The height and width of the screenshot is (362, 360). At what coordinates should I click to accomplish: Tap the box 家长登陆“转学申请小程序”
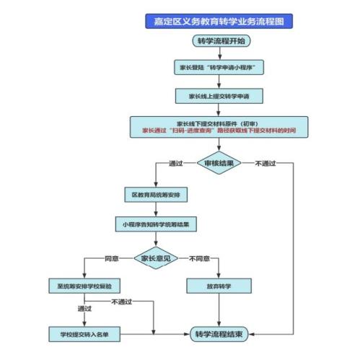coord(219,67)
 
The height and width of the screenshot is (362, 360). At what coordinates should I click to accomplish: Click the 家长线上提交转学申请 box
coord(219,95)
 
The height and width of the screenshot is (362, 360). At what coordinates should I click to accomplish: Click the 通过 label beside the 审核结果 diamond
coord(175,164)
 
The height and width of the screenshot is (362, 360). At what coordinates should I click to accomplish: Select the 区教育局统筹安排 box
coord(157,195)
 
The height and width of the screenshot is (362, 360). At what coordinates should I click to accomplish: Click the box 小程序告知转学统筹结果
coord(157,225)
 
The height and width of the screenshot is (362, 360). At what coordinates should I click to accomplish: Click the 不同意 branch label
coord(199,257)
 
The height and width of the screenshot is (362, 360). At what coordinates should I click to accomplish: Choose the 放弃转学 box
coord(219,286)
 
